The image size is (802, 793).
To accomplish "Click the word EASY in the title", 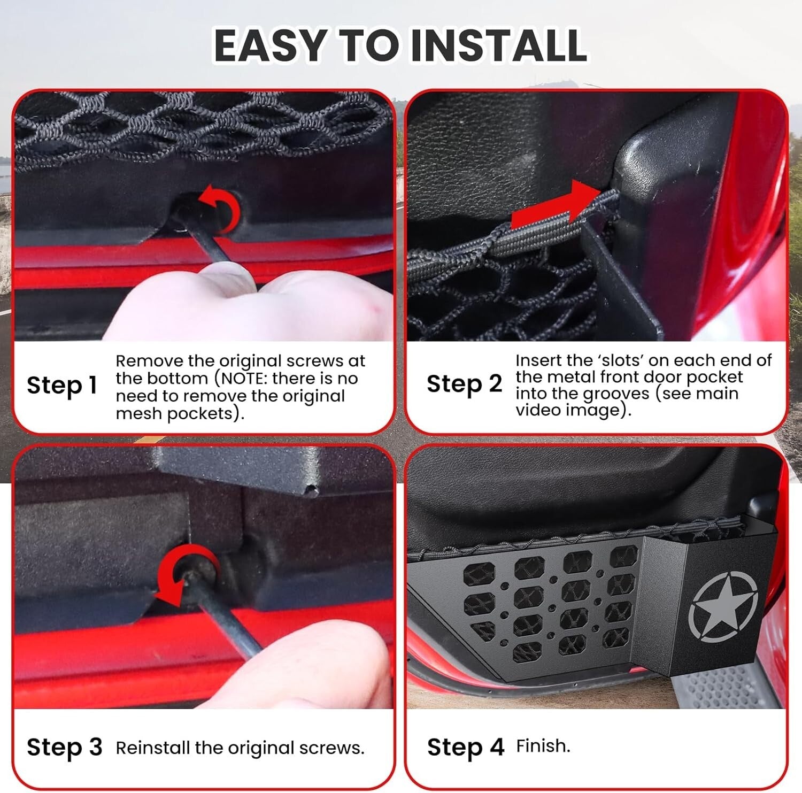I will click(x=271, y=45).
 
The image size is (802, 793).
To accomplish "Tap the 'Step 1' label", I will click(x=62, y=385).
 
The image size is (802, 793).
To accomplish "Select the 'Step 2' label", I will click(x=464, y=384).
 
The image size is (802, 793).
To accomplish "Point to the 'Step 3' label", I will click(x=64, y=747).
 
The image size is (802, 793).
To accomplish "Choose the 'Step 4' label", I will click(x=465, y=747).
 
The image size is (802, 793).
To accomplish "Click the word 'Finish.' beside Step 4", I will click(x=543, y=746).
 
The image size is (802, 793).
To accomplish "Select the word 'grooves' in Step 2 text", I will click(x=615, y=394).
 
